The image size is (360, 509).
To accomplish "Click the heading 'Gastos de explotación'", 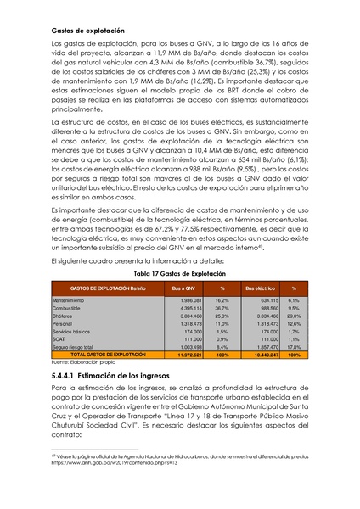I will point(87,31).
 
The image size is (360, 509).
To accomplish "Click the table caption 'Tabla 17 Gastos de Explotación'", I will point(179,274).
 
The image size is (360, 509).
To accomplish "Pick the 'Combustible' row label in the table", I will point(70,309).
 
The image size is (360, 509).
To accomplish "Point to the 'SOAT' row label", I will point(60,339).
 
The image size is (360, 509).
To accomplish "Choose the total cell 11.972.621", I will point(183,355).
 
